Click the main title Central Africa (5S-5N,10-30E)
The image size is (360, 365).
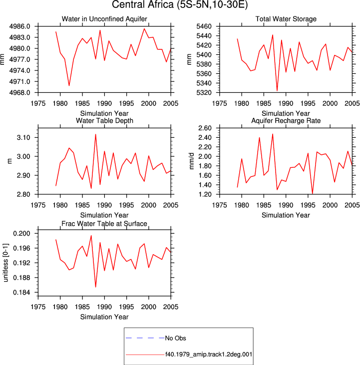[180, 4]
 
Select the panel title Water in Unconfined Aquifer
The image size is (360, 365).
[104, 19]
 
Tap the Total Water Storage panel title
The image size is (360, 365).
[286, 19]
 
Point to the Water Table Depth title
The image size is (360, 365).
[104, 120]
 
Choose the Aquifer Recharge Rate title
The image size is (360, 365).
[286, 120]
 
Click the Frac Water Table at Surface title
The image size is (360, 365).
[104, 224]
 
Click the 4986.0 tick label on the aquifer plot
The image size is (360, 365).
[20, 26]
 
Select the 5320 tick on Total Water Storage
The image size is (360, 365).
[204, 93]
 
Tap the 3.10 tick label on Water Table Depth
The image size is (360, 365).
[23, 138]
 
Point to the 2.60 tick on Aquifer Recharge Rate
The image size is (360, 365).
[205, 128]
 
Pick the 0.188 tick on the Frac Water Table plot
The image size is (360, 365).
[21, 278]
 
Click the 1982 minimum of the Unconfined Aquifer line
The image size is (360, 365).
[69, 86]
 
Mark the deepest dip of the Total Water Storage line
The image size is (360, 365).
[277, 90]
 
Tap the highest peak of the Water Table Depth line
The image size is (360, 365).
[96, 134]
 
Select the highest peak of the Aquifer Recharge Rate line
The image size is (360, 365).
[273, 134]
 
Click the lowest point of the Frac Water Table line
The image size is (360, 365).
[96, 287]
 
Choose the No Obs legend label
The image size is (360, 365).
[175, 338]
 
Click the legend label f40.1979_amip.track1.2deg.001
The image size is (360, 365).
[209, 355]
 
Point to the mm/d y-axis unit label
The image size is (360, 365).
[191, 161]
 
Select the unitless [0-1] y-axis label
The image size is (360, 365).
[5, 263]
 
